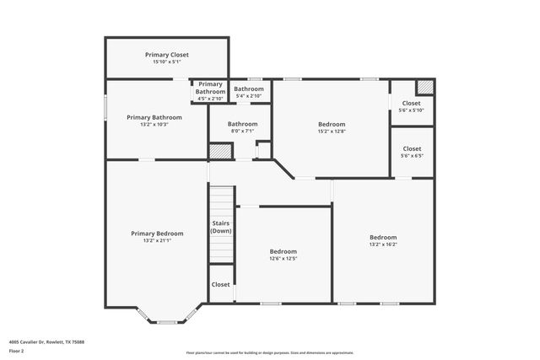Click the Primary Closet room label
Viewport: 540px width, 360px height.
[x=167, y=54]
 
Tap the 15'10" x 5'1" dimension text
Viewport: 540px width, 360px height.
[x=167, y=62]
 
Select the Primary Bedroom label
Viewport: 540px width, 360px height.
[x=157, y=233]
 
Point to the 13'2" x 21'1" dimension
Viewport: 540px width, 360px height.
[x=157, y=240]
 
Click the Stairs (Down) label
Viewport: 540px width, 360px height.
[x=221, y=227]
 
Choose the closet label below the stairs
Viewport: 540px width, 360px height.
[x=221, y=284]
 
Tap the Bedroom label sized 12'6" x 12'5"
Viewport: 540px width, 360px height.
[x=283, y=251]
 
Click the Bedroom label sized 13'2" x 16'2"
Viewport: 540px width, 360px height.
[x=382, y=237]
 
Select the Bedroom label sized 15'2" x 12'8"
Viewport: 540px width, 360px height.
[x=332, y=123]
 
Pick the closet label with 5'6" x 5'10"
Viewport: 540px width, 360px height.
[x=411, y=103]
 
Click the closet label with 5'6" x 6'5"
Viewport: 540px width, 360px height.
[x=411, y=148]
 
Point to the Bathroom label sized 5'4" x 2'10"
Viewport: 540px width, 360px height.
[x=249, y=89]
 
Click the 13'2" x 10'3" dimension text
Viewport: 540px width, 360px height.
[x=154, y=124]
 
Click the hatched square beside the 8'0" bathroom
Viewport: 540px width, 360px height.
[x=220, y=151]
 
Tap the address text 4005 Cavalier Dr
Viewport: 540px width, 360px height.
[x=46, y=341]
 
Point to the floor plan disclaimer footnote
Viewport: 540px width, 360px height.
[x=270, y=353]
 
